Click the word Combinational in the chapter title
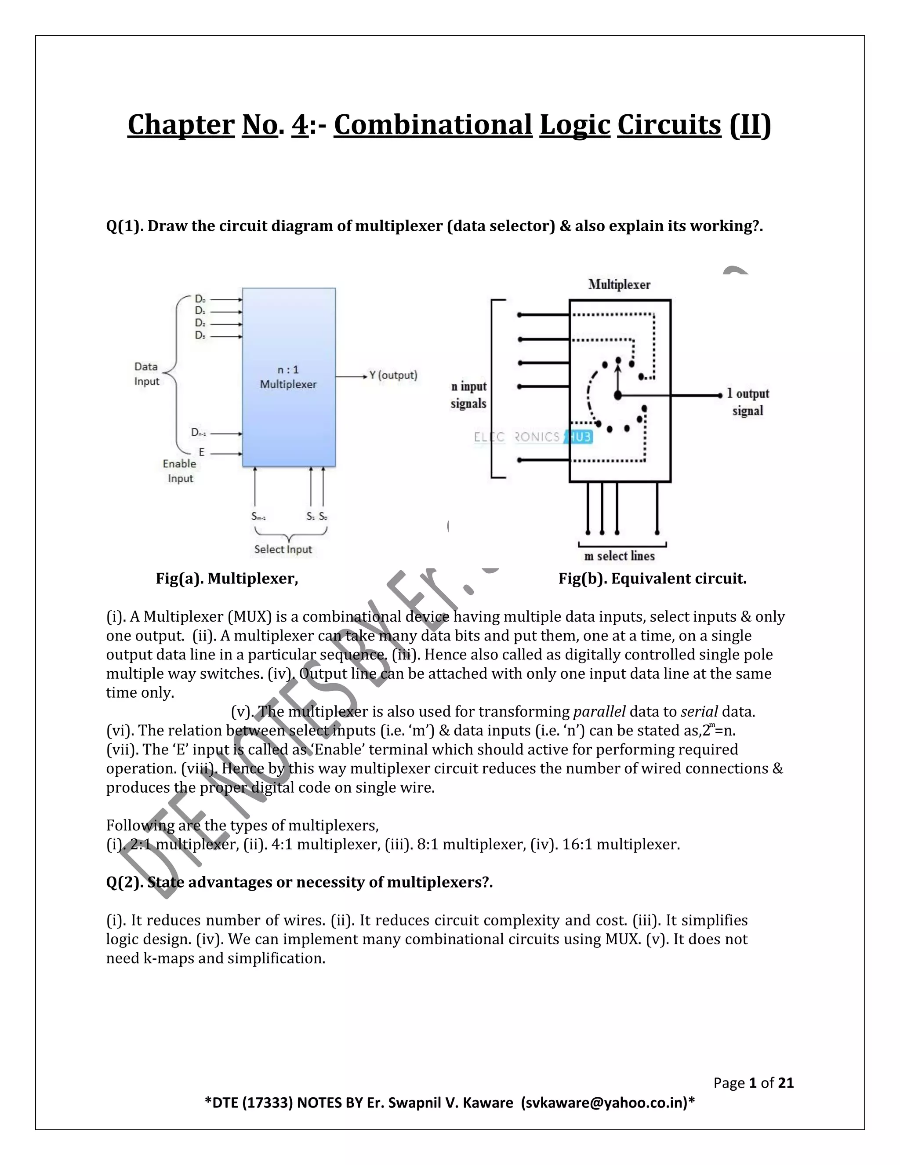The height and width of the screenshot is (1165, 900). [433, 125]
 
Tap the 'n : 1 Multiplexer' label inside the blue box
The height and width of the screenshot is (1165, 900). [288, 377]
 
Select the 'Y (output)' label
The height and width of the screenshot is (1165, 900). [393, 375]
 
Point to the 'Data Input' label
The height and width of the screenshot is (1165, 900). [147, 374]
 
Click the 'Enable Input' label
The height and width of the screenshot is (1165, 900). [180, 471]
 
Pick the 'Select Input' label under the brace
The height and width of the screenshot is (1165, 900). [283, 550]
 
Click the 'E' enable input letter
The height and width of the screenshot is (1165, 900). [202, 452]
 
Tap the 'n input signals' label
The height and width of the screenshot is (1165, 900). [468, 395]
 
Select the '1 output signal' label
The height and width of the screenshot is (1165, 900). [748, 402]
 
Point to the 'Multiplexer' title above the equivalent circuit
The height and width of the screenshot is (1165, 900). [619, 284]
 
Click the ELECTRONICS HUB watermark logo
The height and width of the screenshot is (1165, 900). [533, 437]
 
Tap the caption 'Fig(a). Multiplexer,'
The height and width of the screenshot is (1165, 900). [227, 579]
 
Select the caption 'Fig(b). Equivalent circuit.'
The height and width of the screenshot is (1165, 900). [652, 579]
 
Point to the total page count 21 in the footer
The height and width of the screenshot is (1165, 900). [786, 1083]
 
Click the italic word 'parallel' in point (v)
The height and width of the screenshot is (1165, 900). [599, 712]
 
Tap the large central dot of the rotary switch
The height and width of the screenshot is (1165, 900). [618, 395]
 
